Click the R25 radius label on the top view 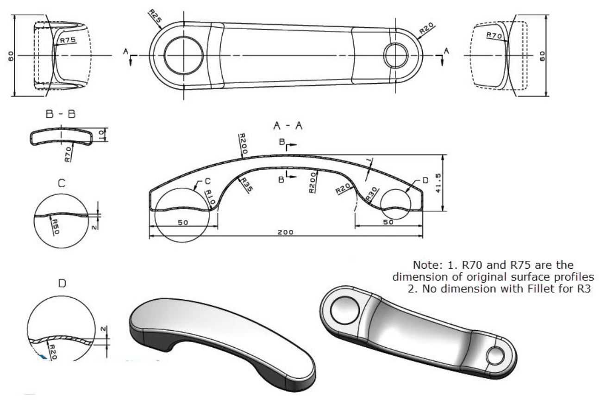[x=155, y=17]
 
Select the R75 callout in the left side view [x=68, y=40]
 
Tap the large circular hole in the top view [x=183, y=55]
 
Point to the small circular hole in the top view [x=396, y=55]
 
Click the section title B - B [x=61, y=114]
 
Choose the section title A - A [x=288, y=126]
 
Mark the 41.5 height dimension [x=438, y=183]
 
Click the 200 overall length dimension [x=285, y=232]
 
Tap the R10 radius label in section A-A [x=210, y=197]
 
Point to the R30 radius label [x=371, y=193]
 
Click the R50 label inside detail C [x=55, y=227]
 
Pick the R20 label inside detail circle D [x=53, y=351]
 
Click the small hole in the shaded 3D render [x=495, y=355]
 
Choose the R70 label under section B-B [x=68, y=154]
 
